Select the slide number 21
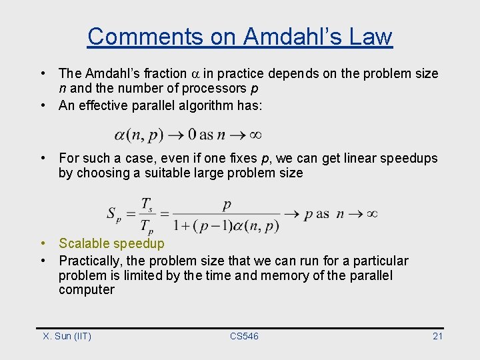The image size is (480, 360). [x=437, y=336]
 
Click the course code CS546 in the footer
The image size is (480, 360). [x=244, y=336]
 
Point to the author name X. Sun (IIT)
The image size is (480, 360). [x=67, y=336]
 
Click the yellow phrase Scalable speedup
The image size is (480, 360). [x=111, y=244]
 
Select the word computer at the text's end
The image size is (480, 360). [x=86, y=290]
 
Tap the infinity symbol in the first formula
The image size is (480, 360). [x=255, y=135]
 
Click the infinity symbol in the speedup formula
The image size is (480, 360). [x=372, y=214]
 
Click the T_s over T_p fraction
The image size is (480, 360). [x=147, y=215]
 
